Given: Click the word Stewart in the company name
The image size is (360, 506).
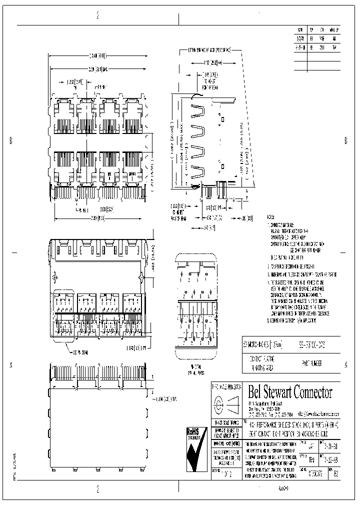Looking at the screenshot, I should (x=279, y=391).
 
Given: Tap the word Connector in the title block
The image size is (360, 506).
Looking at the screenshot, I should (x=318, y=391).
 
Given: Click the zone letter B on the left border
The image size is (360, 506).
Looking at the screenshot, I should (x=11, y=140).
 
